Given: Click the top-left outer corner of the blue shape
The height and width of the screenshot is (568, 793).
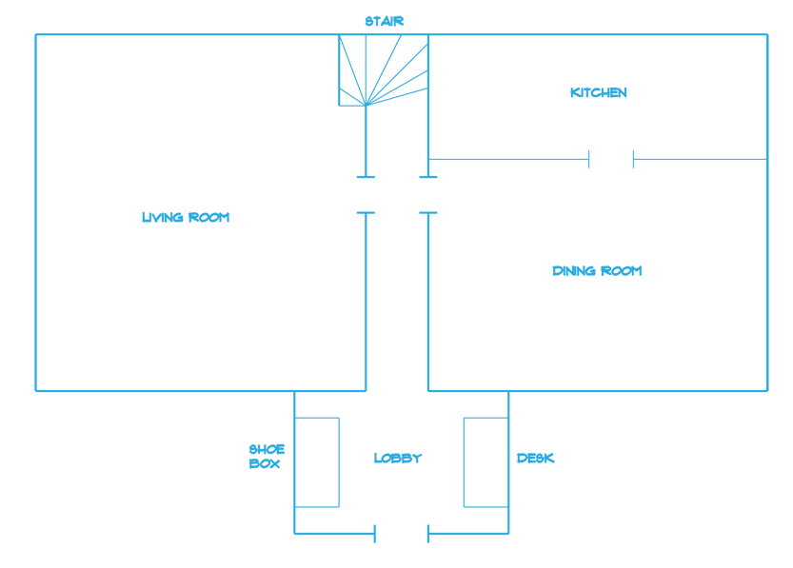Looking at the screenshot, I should click(34, 32).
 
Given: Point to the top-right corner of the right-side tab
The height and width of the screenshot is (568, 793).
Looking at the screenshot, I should click(768, 32).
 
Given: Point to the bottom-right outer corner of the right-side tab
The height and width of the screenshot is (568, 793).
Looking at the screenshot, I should click(768, 392).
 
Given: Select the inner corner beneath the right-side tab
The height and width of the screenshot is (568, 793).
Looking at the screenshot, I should click(701, 392).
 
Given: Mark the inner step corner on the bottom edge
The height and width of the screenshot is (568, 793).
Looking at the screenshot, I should click(350, 536).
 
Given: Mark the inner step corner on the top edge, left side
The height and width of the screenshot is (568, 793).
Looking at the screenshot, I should click(350, 32).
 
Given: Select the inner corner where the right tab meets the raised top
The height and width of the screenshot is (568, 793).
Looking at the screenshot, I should click(701, 32).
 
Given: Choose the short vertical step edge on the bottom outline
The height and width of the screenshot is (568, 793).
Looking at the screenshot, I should click(350, 539).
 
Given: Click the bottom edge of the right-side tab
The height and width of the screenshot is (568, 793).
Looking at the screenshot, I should click(735, 392).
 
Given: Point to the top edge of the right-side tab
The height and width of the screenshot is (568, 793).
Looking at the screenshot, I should click(735, 32).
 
